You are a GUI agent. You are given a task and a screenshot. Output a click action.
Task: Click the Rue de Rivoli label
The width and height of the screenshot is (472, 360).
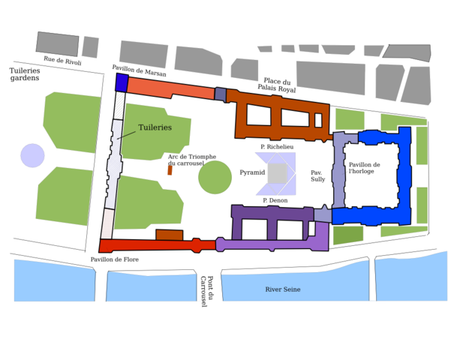click(62, 61)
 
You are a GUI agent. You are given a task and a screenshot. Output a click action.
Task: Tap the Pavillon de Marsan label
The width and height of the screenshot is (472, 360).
click(149, 72)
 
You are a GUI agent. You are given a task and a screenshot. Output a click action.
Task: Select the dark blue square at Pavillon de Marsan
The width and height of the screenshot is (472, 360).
click(122, 82)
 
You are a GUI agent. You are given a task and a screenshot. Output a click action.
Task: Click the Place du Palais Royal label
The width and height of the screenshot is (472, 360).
click(276, 85)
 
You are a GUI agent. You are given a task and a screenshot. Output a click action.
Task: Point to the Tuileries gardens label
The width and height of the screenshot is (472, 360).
click(25, 74)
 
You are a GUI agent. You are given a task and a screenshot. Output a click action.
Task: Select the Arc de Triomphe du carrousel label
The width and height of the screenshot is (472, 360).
click(192, 160)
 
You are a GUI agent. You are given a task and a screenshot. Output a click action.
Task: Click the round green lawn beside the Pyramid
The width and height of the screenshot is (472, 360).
click(215, 178)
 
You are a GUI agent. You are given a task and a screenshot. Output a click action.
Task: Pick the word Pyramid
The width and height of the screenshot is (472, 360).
click(252, 172)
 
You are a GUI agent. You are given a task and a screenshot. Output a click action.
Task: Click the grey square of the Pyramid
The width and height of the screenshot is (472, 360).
click(278, 173)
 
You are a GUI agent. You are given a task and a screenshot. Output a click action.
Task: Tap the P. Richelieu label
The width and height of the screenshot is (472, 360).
click(277, 147)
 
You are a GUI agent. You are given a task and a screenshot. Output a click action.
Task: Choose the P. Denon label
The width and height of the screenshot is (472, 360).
click(275, 200)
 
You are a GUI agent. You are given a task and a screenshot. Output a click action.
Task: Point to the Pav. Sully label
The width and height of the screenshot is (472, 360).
click(318, 176)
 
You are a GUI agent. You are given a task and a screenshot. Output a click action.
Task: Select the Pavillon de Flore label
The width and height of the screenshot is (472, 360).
click(115, 259)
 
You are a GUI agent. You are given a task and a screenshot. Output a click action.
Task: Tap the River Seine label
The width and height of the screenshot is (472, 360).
click(283, 289)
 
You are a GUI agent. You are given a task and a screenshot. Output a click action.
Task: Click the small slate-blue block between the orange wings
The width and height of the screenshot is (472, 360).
click(220, 94)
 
